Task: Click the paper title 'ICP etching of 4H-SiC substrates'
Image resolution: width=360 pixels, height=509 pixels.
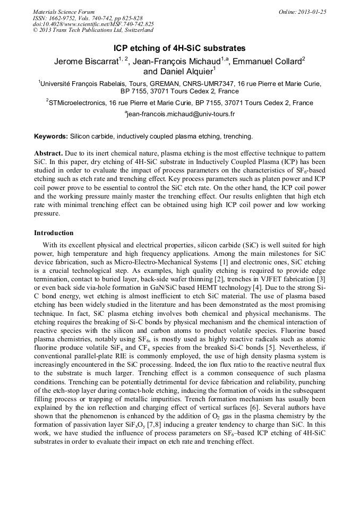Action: (180, 48)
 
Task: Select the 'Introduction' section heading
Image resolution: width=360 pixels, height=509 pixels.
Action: (54, 232)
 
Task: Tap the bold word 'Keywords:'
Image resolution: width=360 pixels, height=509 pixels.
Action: (50, 136)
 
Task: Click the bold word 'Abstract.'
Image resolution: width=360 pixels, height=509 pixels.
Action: (48, 153)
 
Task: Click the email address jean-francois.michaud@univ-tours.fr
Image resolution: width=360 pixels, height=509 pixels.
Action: (181, 114)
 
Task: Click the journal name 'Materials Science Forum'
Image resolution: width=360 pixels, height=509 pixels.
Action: (64, 12)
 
